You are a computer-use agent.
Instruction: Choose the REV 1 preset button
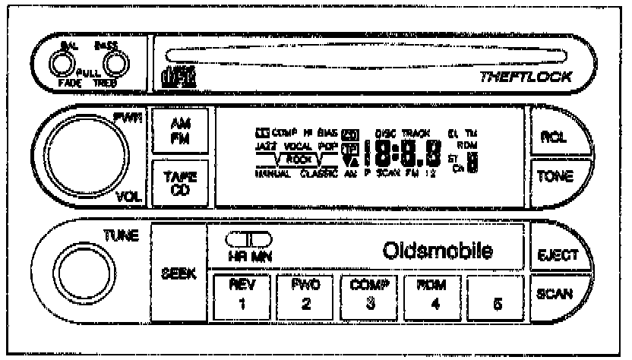pos(240,298)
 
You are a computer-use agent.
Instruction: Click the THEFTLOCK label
pos(526,77)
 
